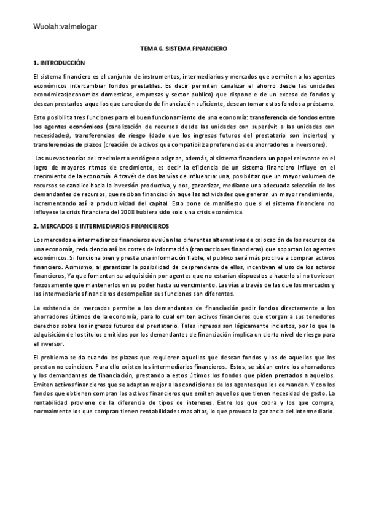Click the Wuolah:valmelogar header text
point(60,26)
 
